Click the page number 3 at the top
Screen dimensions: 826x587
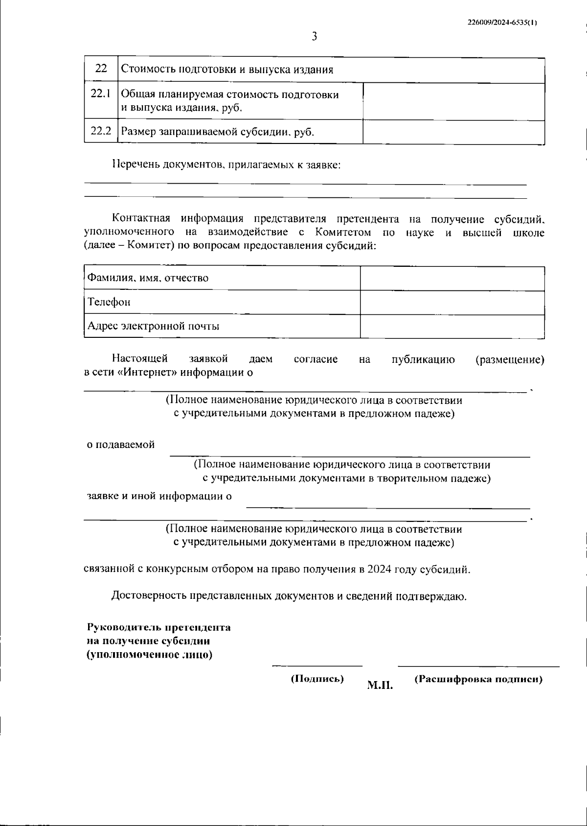point(315,36)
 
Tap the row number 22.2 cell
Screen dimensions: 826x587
point(101,131)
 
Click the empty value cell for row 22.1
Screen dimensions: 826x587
point(453,101)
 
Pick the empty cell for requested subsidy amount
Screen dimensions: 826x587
point(453,132)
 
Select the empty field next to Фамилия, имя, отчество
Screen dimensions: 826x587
point(452,278)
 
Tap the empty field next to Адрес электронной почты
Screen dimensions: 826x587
point(452,326)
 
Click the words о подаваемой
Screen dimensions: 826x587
point(121,445)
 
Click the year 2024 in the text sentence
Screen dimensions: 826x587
point(379,569)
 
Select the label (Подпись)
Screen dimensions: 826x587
point(317,679)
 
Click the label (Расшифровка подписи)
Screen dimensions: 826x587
point(478,680)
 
